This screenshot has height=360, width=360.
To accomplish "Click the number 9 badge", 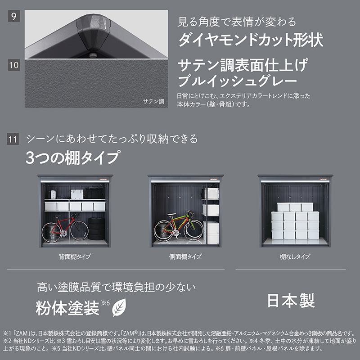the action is click(x=14, y=16).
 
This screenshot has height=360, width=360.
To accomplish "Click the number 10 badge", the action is click(x=14, y=65).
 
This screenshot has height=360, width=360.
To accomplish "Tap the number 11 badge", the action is click(x=13, y=139).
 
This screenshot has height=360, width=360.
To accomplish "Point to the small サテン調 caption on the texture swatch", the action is click(x=153, y=102).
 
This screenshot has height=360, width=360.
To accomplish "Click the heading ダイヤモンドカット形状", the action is click(x=251, y=40).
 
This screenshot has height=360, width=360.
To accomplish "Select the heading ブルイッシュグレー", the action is click(x=238, y=81).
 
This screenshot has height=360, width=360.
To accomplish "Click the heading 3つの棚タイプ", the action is click(x=73, y=157).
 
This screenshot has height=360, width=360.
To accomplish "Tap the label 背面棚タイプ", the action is click(x=75, y=256).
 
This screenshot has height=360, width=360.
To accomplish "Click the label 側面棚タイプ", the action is click(x=185, y=256).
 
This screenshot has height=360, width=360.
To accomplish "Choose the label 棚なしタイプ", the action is click(x=295, y=256).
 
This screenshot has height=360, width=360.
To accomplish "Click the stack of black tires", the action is click(x=97, y=229).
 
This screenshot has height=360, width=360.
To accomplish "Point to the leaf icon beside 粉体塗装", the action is click(x=119, y=307).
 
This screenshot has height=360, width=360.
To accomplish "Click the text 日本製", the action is click(x=291, y=301).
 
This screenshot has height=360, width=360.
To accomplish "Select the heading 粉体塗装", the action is click(x=67, y=308).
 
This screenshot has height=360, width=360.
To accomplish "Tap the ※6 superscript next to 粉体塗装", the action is click(x=105, y=303).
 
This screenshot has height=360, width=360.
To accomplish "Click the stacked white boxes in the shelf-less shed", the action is click(x=295, y=220).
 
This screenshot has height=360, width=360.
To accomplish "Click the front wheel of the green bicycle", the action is click(x=193, y=230).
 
